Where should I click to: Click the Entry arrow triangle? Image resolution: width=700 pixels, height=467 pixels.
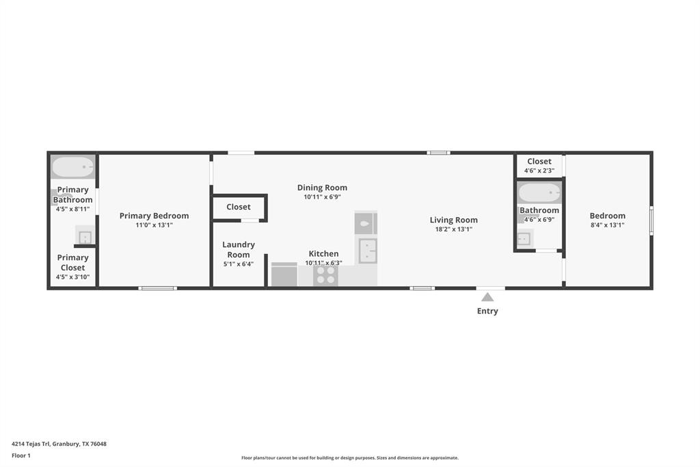[487, 297]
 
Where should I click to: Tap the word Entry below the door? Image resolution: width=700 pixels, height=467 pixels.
[487, 311]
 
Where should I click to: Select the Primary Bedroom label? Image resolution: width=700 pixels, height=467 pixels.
[154, 216]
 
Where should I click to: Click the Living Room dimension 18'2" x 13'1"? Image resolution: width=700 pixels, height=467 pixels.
[453, 229]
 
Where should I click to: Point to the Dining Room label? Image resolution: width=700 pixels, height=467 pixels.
[322, 188]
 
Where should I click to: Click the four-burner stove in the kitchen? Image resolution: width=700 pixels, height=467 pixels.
[326, 275]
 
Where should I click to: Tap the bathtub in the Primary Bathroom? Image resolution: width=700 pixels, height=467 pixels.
[72, 166]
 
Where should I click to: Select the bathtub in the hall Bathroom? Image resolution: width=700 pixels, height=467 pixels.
[539, 192]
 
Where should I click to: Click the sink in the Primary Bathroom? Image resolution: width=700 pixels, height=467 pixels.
[85, 237]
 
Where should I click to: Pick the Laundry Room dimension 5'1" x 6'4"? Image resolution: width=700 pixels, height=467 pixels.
[239, 264]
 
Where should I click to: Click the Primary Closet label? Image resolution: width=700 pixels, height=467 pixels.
[72, 263]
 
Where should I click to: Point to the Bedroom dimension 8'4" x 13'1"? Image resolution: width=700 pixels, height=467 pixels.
[607, 225]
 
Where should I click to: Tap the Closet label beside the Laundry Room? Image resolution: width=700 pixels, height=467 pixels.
[239, 207]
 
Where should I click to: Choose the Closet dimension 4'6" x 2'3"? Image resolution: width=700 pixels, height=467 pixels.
[539, 171]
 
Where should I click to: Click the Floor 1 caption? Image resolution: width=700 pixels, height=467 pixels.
[21, 455]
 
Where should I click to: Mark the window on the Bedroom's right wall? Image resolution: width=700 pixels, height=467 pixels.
[651, 220]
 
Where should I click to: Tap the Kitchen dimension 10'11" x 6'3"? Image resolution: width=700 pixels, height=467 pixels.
[323, 262]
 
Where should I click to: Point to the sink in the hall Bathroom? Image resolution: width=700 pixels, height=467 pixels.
[524, 238]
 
